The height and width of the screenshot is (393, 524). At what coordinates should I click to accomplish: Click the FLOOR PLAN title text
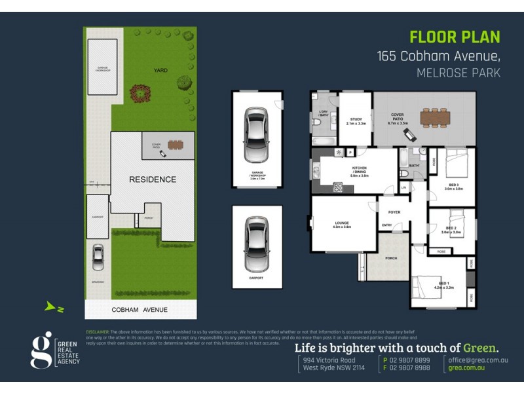pos(455,37)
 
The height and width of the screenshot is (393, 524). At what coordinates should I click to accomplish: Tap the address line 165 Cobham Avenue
pos(439,56)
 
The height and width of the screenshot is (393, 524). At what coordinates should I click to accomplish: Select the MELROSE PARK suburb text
pos(458,73)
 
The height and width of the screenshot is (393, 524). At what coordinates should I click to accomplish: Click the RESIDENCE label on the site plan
pos(152,179)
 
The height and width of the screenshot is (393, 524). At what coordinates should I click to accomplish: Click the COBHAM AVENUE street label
pos(140,310)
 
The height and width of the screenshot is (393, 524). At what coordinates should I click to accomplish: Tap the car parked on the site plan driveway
pos(98,257)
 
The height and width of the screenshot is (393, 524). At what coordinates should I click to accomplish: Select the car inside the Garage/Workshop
pos(255,135)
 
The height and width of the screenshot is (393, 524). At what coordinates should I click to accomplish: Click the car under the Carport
pos(256,244)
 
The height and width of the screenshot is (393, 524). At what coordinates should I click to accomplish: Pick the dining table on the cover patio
pos(436,117)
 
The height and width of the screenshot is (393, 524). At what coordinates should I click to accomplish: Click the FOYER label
pos(394,212)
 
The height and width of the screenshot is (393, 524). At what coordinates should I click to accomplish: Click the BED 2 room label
pos(451,229)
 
